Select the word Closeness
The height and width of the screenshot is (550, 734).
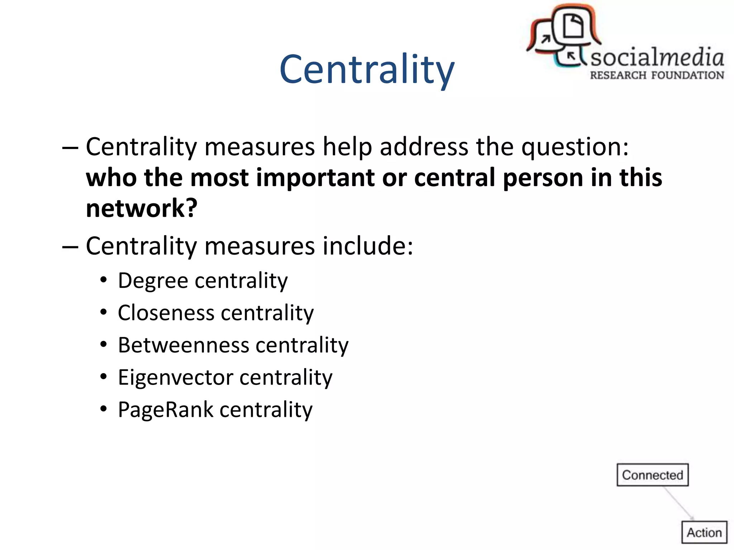[x=166, y=313]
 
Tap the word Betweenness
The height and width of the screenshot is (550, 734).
[x=183, y=345]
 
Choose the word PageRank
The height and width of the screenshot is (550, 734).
[x=166, y=410]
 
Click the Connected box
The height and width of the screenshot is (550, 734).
[x=652, y=475]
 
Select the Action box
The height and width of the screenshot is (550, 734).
[x=704, y=532]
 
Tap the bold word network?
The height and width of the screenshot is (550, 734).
[x=142, y=208]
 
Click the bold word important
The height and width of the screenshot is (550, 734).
[x=312, y=178]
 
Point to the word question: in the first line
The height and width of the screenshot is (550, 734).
[x=575, y=147]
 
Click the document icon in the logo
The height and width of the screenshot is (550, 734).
[x=573, y=26]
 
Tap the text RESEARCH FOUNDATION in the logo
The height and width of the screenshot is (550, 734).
[x=657, y=76]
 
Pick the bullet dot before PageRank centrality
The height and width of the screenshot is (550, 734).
[x=104, y=409]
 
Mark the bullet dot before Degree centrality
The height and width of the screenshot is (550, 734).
[x=104, y=280]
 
